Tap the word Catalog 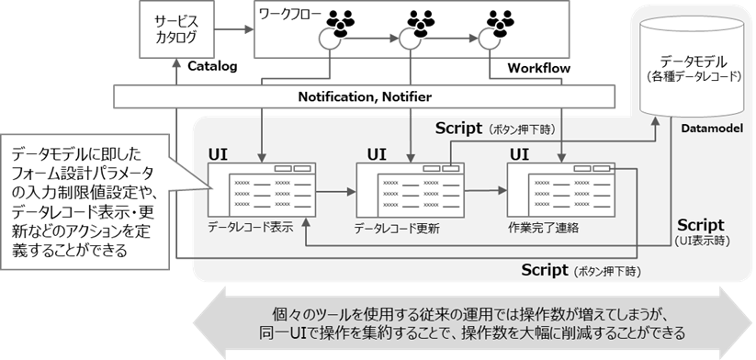tap(212, 66)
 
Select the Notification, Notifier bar tap(365, 96)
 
